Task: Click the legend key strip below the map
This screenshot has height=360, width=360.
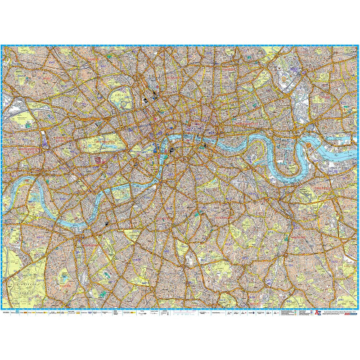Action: pos(144,315)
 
